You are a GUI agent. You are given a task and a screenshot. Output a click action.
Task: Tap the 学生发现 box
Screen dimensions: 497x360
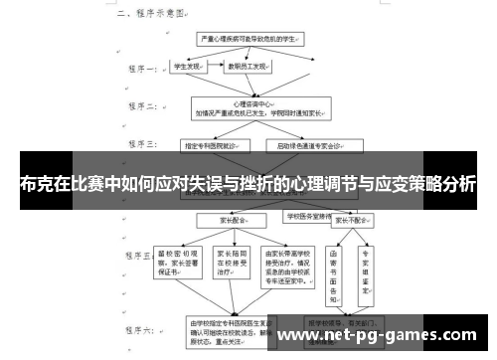pos(189,69)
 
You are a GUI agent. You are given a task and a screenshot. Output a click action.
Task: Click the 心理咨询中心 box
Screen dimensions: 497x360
pos(254,107)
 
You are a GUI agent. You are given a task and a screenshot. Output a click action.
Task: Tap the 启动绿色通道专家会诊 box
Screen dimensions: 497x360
pos(302,145)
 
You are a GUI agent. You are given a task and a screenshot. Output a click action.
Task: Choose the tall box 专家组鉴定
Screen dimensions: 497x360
pos(366,270)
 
